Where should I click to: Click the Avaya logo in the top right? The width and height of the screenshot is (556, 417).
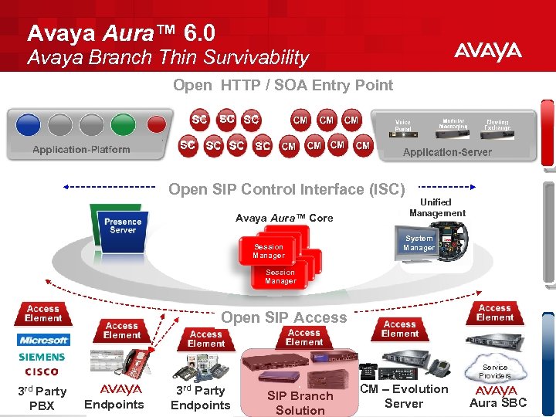click(487, 52)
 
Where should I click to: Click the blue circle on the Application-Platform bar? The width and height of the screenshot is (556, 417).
click(28, 124)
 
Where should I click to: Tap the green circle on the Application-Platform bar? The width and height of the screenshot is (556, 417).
click(123, 124)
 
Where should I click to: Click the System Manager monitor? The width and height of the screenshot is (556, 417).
click(419, 243)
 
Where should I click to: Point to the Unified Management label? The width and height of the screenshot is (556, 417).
click(437, 208)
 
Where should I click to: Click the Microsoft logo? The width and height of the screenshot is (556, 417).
click(44, 340)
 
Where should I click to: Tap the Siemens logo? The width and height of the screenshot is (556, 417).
click(42, 357)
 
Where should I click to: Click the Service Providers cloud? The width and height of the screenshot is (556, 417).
click(495, 371)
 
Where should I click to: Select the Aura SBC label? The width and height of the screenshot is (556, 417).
click(498, 402)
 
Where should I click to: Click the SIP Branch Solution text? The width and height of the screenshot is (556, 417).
click(300, 403)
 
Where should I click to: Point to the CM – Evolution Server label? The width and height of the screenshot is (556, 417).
click(404, 396)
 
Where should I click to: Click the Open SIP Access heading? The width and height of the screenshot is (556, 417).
click(283, 317)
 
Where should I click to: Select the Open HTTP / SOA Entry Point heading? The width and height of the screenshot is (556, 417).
click(283, 85)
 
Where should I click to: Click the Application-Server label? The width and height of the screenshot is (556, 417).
click(447, 152)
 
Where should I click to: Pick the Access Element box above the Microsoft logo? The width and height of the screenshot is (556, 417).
click(43, 313)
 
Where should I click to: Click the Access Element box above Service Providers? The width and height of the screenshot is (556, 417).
click(494, 312)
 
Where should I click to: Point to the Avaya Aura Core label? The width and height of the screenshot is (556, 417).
click(284, 218)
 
